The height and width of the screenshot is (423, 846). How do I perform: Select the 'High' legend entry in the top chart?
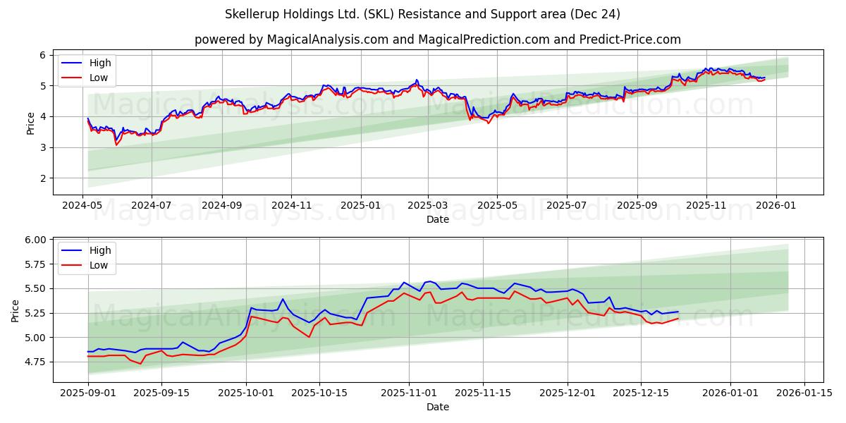pos(99,63)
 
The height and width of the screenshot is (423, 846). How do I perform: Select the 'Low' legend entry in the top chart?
pos(98,78)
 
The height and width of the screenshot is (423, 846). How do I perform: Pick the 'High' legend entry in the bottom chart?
pos(99,250)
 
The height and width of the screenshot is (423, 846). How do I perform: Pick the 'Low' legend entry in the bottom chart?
pos(98,265)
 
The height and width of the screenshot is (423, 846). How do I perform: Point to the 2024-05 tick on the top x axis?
pos(83,206)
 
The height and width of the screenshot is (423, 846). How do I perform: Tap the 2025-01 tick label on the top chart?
pos(360,206)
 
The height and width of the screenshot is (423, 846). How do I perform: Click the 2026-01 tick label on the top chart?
pos(776,206)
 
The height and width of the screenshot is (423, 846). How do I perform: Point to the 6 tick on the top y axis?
pos(42,55)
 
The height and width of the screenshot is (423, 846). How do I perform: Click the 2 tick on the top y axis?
pos(42,178)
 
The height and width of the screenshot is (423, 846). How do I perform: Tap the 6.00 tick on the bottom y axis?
pos(35,240)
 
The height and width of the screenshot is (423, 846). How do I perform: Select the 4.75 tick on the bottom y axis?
pos(35,362)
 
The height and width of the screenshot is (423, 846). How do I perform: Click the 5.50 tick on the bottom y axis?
pos(35,288)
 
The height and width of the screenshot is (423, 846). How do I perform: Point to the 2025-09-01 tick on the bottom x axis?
pos(88,393)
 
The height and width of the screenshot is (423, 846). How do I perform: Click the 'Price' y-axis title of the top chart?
pos(30,123)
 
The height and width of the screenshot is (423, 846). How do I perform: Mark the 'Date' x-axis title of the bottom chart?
pos(438,407)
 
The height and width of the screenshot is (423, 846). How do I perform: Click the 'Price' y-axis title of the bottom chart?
pos(16,310)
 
